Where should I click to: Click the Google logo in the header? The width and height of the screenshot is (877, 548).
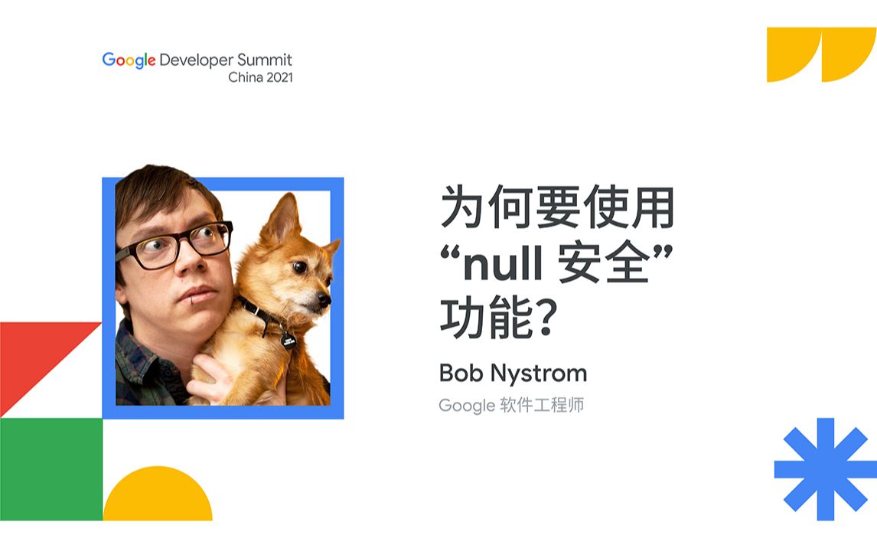tap(129, 60)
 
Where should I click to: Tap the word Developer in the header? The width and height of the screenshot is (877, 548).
tap(196, 60)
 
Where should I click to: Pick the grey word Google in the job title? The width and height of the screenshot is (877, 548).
tap(467, 406)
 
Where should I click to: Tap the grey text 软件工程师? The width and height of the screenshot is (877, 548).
tap(542, 405)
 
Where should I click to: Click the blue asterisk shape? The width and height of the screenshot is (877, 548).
tap(826, 469)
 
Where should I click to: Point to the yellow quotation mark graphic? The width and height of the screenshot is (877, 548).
tap(820, 54)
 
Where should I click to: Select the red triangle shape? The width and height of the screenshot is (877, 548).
tap(34, 358)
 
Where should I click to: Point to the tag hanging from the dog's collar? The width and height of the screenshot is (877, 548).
tap(288, 341)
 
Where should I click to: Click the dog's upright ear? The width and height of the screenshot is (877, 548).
tap(282, 218)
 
